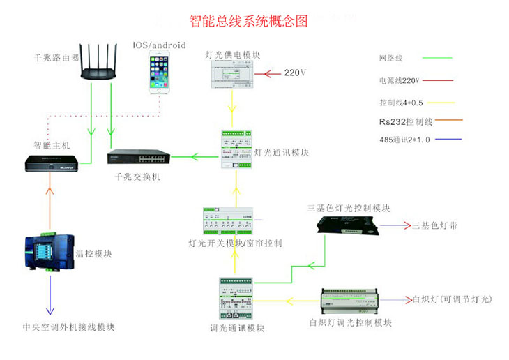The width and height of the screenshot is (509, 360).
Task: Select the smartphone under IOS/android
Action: [x=160, y=73]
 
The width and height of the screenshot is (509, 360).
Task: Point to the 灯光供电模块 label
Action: [x=233, y=54]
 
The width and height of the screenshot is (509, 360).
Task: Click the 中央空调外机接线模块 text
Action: [x=68, y=327]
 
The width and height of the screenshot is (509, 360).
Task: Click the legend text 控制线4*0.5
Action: [x=401, y=102]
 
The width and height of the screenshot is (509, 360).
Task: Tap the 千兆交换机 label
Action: [x=137, y=177]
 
